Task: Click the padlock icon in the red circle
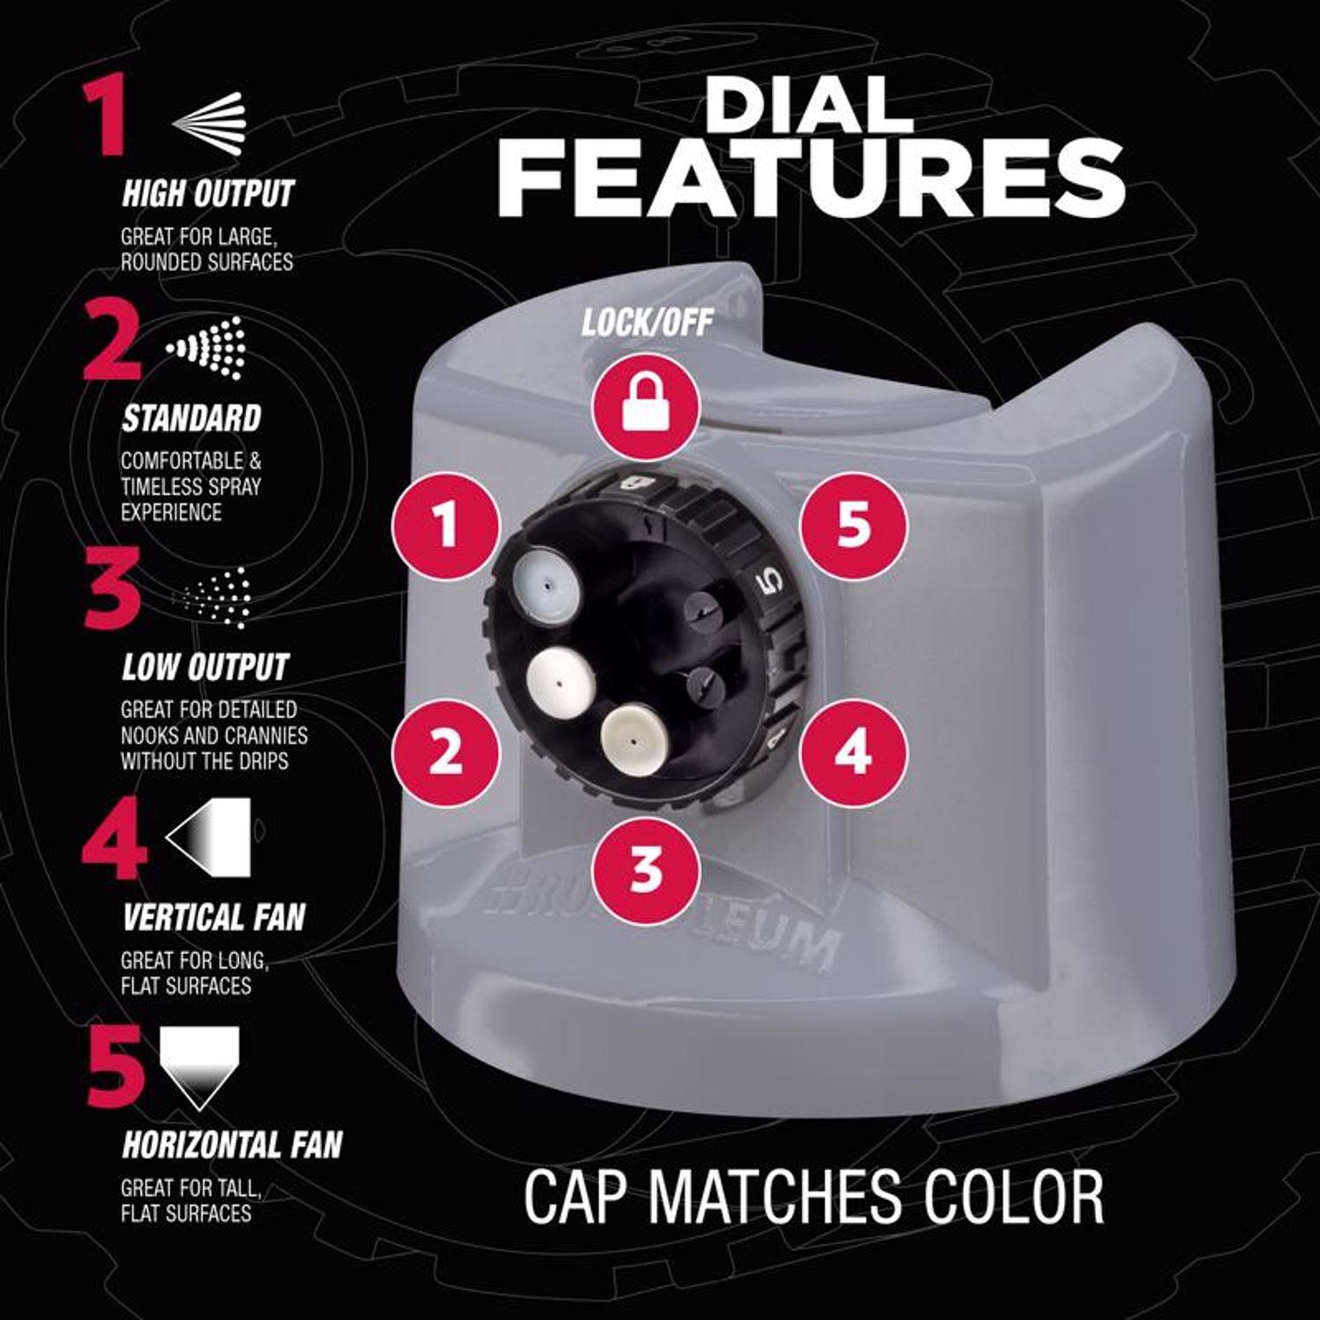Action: click(646, 406)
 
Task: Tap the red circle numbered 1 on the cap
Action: click(446, 525)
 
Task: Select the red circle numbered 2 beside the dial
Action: click(446, 753)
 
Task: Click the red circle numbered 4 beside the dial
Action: click(853, 753)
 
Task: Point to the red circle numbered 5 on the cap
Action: click(853, 525)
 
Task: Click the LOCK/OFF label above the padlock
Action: click(647, 323)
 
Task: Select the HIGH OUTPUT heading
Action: click(208, 194)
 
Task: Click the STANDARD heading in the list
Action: click(191, 418)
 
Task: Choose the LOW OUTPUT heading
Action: click(205, 667)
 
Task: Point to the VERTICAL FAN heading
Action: click(214, 917)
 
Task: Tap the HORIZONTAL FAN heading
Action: click(232, 1145)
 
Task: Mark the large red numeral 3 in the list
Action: click(112, 592)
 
